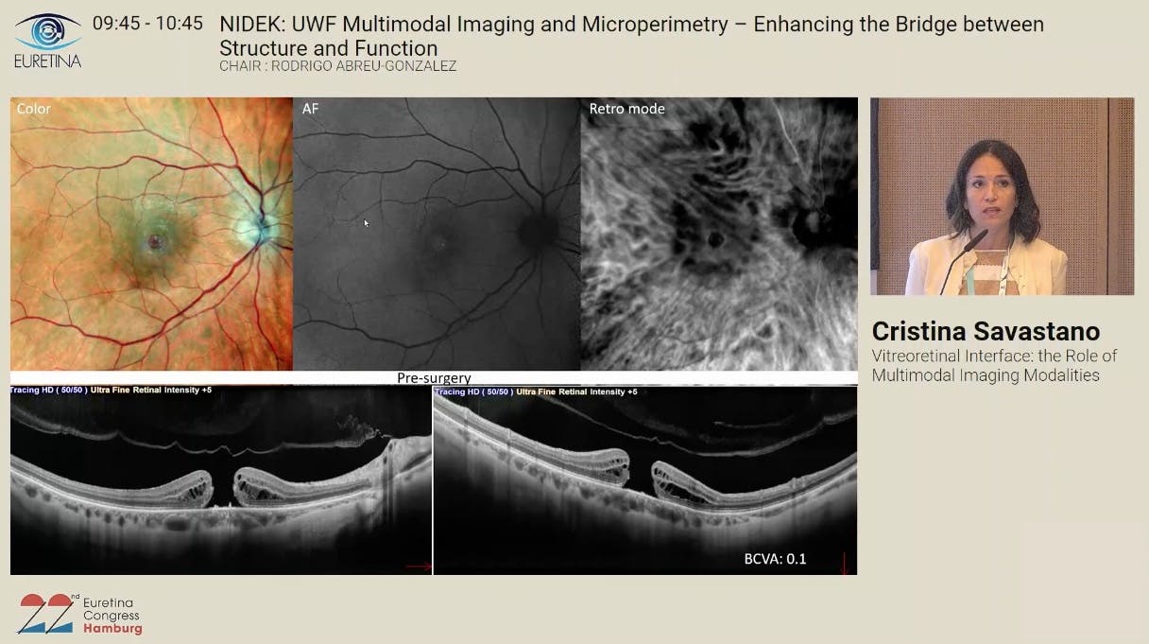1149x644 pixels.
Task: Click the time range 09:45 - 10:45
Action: coord(147,24)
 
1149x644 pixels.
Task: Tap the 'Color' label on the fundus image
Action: coord(34,109)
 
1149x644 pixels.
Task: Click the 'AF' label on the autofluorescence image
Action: coord(311,109)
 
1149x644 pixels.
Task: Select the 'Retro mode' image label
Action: coord(626,109)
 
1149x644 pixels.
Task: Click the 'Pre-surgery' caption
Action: coord(434,378)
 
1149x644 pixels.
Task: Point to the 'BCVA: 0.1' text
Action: coord(776,559)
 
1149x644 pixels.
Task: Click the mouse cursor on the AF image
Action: coord(367,223)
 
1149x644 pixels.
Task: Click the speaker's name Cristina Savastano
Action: coord(986,331)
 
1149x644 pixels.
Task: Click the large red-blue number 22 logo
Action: coord(46,614)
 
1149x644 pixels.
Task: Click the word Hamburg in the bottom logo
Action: coord(112,629)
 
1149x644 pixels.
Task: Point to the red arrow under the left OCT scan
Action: coord(418,567)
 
